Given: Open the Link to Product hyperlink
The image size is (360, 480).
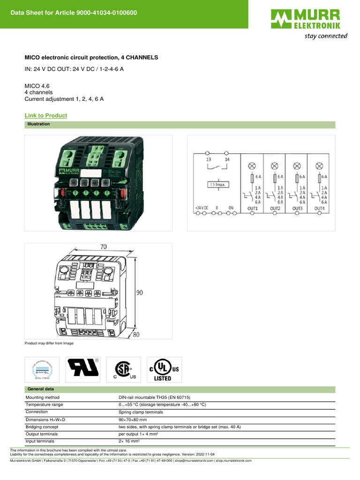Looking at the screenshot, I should tap(45, 115).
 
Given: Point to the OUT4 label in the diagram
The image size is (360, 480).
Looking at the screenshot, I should tap(319, 208).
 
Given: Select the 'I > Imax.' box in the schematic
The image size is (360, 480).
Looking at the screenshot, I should tap(217, 184).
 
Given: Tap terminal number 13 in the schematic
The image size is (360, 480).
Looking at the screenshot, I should tap(209, 160).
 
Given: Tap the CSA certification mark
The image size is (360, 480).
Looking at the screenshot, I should tap(123, 369).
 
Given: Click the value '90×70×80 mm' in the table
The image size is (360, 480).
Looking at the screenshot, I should tap(133, 420).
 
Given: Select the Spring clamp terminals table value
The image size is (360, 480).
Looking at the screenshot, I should tap(140, 412).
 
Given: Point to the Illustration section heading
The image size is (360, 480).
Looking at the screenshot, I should tap(39, 124).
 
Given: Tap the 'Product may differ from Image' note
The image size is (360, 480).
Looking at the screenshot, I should tap(49, 343).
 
